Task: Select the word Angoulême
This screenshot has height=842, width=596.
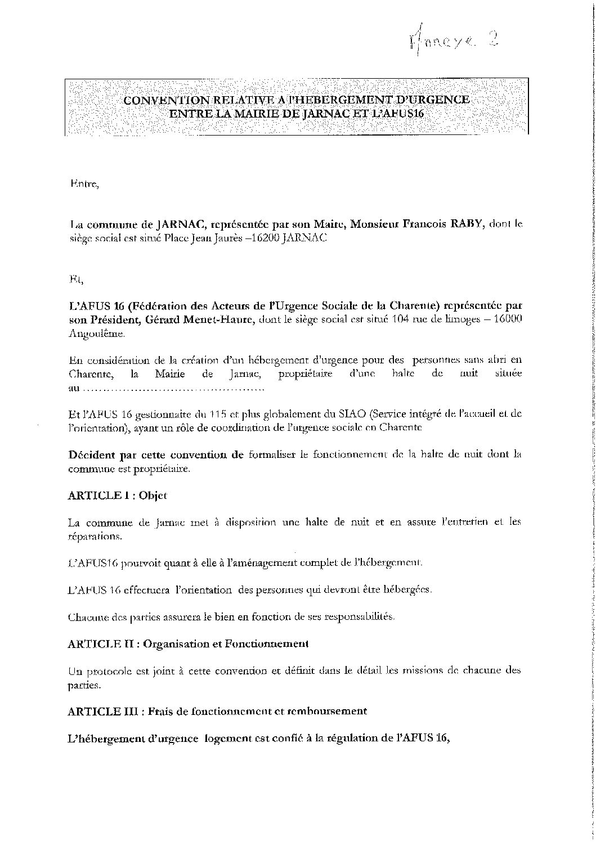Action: click(x=93, y=334)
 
